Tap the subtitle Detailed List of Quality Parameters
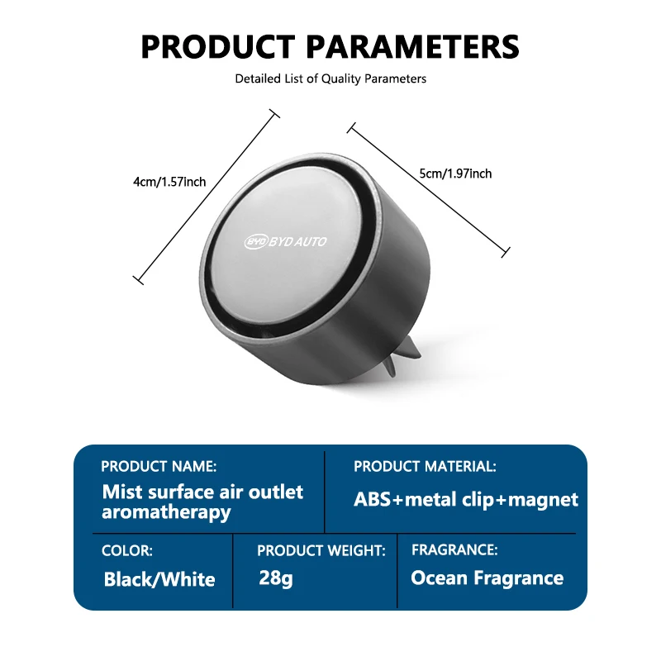(330, 79)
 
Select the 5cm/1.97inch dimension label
(455, 174)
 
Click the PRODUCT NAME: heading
(159, 466)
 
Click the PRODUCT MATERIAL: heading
(425, 466)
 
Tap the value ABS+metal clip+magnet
(466, 499)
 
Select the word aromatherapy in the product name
(166, 511)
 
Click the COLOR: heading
(126, 550)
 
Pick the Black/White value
(159, 579)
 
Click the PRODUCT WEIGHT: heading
(321, 550)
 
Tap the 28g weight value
(275, 578)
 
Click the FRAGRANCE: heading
(454, 549)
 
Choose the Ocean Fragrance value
(487, 578)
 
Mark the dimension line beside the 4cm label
(205, 197)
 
